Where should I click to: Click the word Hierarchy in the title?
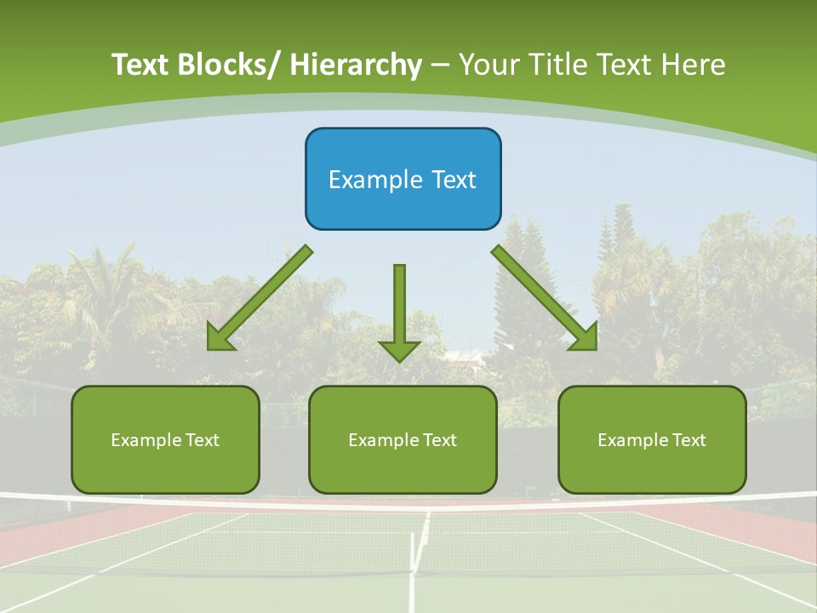pyautogui.click(x=356, y=65)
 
